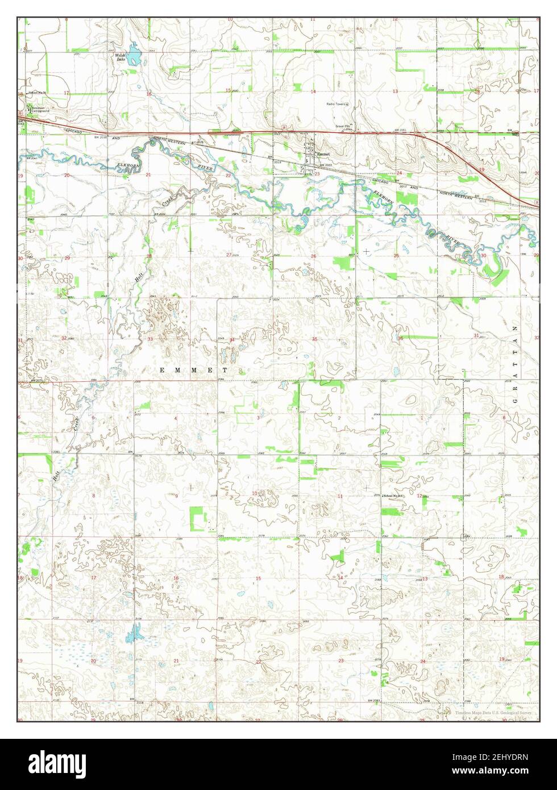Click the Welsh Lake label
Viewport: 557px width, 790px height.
[x=120, y=56]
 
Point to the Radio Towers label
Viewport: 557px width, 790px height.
[x=335, y=104]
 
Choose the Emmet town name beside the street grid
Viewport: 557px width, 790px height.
[x=323, y=153]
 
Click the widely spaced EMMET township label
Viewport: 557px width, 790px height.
[x=193, y=370]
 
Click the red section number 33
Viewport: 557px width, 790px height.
[x=151, y=339]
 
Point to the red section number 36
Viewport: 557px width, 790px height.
[x=401, y=339]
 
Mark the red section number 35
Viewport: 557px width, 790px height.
[x=314, y=339]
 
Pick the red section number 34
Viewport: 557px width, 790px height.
[x=232, y=339]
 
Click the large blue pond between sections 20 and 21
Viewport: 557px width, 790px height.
[x=134, y=631]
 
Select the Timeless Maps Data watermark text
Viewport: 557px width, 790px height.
[x=493, y=712]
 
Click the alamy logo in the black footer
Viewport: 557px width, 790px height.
[x=58, y=763]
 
